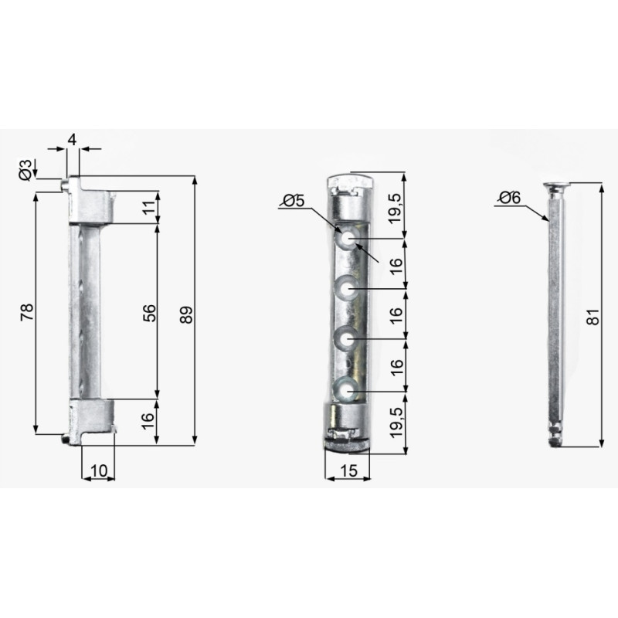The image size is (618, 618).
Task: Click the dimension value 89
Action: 186,314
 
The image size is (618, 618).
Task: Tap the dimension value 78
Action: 28,312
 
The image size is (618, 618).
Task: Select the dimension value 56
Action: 149,313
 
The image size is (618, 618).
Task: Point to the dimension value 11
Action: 149,207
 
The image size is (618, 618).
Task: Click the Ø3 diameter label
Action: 25,170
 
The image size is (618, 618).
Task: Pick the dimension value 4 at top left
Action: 72,140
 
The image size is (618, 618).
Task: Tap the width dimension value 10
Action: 99,470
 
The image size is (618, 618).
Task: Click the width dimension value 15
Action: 348,470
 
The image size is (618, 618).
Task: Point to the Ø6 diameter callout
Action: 510,198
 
